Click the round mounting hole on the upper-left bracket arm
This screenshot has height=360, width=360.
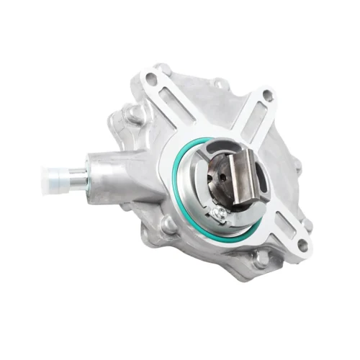[151, 76]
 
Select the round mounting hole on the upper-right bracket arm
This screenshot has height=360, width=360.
[267, 94]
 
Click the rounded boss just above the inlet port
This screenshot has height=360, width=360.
[132, 114]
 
